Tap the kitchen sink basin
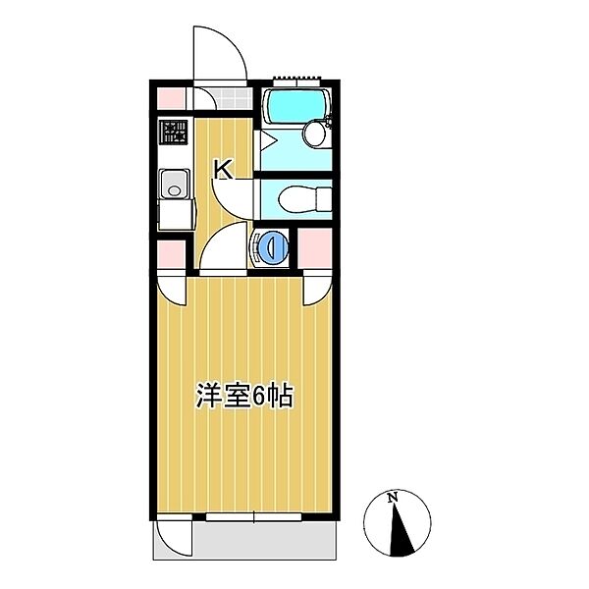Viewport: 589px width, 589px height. [x=175, y=183]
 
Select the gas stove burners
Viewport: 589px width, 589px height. [x=175, y=132]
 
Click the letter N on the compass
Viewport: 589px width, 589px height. [x=394, y=498]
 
